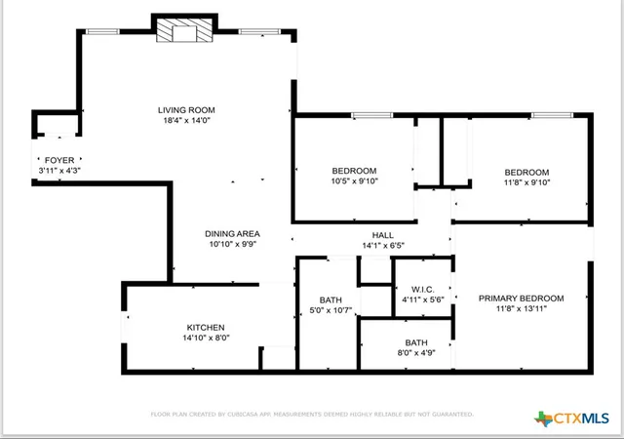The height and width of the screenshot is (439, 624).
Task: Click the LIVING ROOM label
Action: tap(186, 110)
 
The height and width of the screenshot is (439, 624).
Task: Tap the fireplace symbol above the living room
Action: tap(184, 30)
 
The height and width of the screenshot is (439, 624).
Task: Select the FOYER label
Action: tap(59, 160)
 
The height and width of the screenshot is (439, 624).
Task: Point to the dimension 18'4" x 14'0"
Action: tap(186, 120)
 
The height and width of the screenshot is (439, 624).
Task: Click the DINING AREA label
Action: tap(232, 234)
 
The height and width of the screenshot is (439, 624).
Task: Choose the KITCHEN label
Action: tap(206, 328)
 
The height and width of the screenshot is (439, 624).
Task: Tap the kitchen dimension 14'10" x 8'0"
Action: tap(206, 338)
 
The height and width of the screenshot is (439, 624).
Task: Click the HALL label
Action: tap(383, 235)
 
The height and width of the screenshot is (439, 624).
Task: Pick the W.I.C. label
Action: tap(422, 290)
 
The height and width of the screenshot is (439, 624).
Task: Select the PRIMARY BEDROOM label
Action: tap(521, 299)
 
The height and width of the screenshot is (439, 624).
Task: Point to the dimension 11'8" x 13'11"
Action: tap(522, 308)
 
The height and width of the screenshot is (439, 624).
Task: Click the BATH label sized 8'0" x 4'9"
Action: tap(416, 342)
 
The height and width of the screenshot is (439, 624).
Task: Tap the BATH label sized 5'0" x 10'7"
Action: tap(331, 299)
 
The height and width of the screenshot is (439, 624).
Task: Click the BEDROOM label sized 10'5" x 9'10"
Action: tap(354, 171)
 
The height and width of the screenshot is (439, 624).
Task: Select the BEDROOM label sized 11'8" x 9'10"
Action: tap(526, 173)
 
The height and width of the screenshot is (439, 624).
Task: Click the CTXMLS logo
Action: tap(571, 419)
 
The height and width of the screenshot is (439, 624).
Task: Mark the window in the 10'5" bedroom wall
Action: tap(372, 115)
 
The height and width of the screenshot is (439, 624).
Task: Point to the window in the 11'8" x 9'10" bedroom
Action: tap(552, 115)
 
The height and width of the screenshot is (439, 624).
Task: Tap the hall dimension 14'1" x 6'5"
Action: tap(383, 246)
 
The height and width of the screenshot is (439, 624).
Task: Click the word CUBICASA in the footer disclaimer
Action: tap(243, 415)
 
